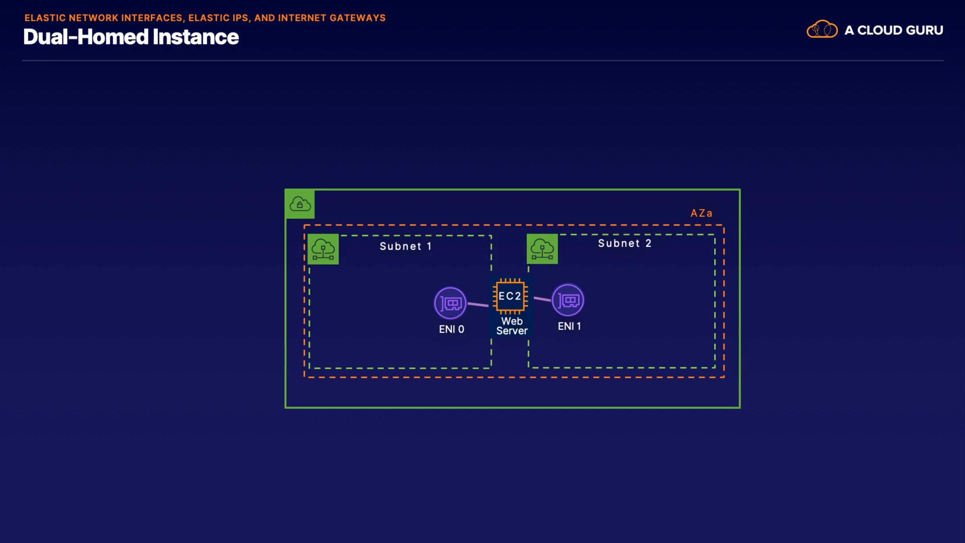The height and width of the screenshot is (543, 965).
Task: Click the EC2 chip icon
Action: point(510,296)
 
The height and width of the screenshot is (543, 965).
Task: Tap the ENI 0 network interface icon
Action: point(450,303)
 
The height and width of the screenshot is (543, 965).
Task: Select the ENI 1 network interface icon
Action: point(568,300)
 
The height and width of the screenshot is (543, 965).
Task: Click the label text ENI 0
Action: point(451,329)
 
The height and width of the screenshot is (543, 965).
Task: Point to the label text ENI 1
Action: point(569,326)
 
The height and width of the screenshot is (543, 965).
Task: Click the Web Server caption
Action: point(512,326)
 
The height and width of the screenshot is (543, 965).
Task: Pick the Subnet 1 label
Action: point(406,246)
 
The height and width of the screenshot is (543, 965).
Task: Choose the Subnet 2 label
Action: point(625,243)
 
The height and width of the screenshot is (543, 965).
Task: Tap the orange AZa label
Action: point(701,213)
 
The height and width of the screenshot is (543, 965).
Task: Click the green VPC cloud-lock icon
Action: point(300,204)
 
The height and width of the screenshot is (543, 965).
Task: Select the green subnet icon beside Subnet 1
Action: point(323,249)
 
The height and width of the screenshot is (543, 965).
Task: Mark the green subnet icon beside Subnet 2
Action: point(542,249)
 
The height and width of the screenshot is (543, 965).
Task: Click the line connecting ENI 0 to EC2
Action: point(478,304)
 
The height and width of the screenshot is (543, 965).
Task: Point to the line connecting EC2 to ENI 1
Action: point(542,299)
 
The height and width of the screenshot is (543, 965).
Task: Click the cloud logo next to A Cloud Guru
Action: point(822,30)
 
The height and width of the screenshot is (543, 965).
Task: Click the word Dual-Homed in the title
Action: point(85,37)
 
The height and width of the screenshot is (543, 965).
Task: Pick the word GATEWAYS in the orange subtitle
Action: point(357,18)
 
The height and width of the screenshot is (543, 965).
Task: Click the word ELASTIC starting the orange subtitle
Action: point(45,18)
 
